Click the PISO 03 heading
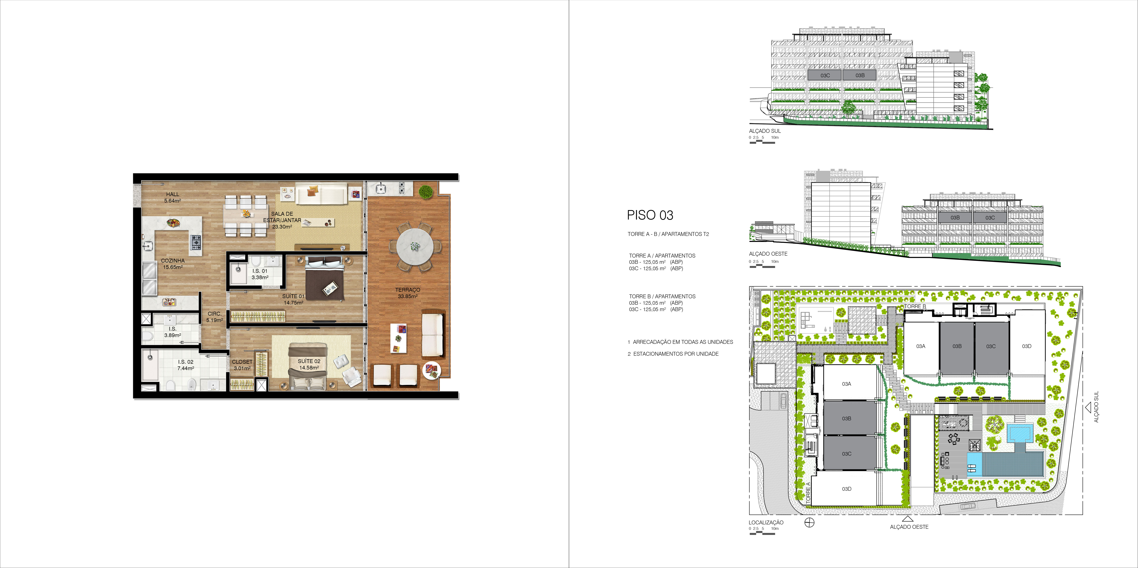point(650,215)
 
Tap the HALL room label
point(173,194)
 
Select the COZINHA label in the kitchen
point(173,261)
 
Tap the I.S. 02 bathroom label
point(185,362)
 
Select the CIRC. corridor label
point(215,314)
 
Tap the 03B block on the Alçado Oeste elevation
point(955,218)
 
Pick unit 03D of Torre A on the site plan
point(846,489)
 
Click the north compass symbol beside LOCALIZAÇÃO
point(809,523)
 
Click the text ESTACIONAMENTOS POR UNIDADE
point(676,354)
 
